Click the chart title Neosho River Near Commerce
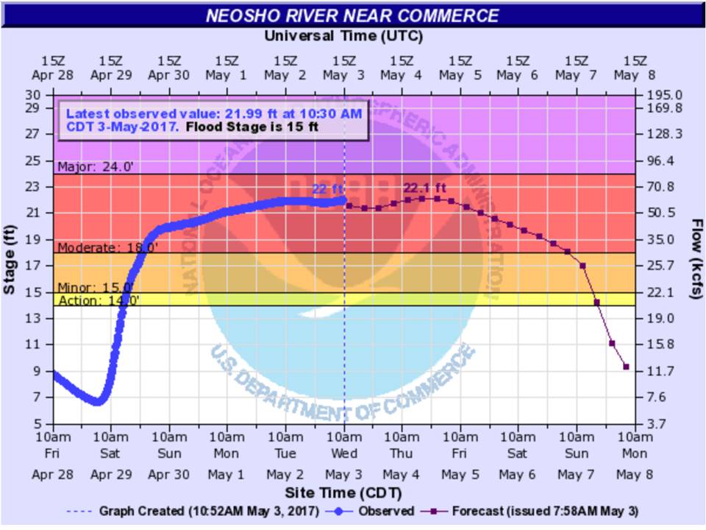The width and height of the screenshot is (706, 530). pyautogui.click(x=352, y=15)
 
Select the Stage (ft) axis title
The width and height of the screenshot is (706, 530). pyautogui.click(x=10, y=259)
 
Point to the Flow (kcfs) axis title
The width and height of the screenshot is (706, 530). pyautogui.click(x=696, y=259)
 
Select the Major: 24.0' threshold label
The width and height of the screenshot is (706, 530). pyautogui.click(x=96, y=167)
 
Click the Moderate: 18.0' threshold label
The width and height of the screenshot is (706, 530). pyautogui.click(x=107, y=247)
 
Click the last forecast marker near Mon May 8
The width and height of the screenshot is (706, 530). pyautogui.click(x=626, y=367)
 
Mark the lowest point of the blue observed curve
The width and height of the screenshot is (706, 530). pyautogui.click(x=98, y=401)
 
